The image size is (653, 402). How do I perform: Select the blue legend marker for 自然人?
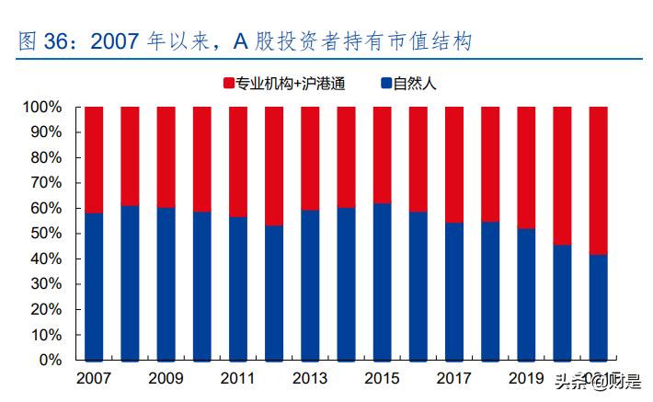[x=385, y=84]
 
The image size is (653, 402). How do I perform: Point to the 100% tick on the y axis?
[x=42, y=108]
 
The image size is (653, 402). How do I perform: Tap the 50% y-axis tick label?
[x=45, y=234]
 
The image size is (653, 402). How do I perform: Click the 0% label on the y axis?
[x=50, y=361]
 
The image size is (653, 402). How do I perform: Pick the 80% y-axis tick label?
[x=45, y=157]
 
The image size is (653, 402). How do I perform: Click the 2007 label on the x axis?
[x=94, y=379]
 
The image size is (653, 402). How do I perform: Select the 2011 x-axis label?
[x=237, y=379]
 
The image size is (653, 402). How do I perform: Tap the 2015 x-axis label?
[x=382, y=379]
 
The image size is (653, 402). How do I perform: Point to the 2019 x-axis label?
[x=526, y=379]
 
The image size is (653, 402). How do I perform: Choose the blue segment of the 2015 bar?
[x=382, y=281]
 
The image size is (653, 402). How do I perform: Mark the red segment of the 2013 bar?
[x=310, y=158]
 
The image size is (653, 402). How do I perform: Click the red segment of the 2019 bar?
[x=526, y=167]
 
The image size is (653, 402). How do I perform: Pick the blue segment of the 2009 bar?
[x=166, y=283]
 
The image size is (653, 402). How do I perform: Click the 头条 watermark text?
[x=572, y=380]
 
